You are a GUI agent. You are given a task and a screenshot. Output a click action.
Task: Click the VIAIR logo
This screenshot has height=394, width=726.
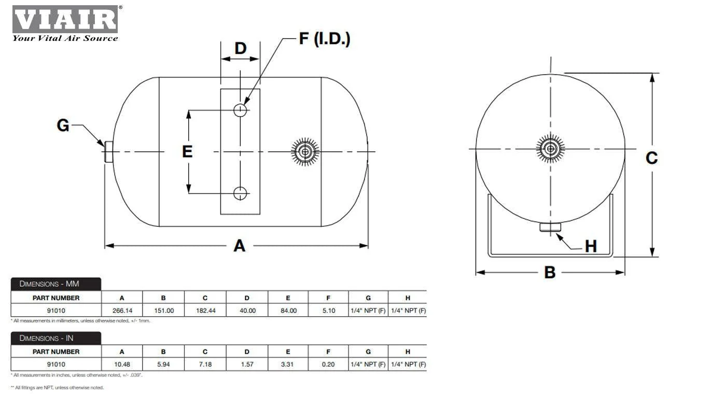65,23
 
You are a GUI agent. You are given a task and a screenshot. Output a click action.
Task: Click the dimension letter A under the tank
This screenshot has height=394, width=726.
240,246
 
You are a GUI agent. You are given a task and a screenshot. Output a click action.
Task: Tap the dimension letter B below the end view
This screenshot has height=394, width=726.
550,273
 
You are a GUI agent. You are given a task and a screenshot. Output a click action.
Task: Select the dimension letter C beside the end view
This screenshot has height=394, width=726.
652,158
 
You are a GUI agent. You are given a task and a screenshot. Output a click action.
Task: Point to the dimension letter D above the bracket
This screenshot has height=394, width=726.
241,49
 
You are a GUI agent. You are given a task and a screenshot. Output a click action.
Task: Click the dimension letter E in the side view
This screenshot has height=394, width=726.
187,151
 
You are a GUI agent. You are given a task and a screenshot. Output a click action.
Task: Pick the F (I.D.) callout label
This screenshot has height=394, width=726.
325,39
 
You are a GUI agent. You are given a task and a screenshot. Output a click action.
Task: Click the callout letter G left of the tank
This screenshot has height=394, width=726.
63,125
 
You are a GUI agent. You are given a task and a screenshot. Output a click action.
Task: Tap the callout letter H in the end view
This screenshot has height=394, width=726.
591,247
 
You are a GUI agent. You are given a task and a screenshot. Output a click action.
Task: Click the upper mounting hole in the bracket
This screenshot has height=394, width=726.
240,110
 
